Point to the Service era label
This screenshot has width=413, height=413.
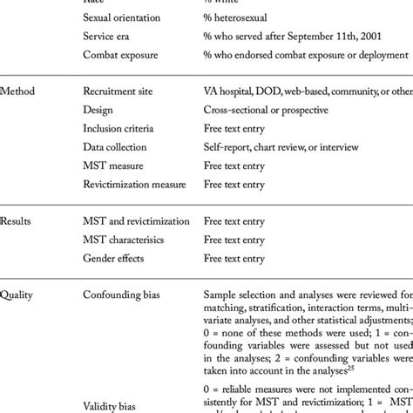pyautogui.click(x=110, y=37)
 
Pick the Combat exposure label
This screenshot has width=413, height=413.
pyautogui.click(x=121, y=56)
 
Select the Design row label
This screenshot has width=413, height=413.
pyautogui.click(x=98, y=111)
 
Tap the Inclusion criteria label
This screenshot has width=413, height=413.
pyautogui.click(x=122, y=129)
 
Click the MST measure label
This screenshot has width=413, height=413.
pyautogui.click(x=113, y=166)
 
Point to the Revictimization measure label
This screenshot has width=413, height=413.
pyautogui.click(x=137, y=185)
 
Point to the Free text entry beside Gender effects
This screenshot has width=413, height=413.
pyautogui.click(x=236, y=259)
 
